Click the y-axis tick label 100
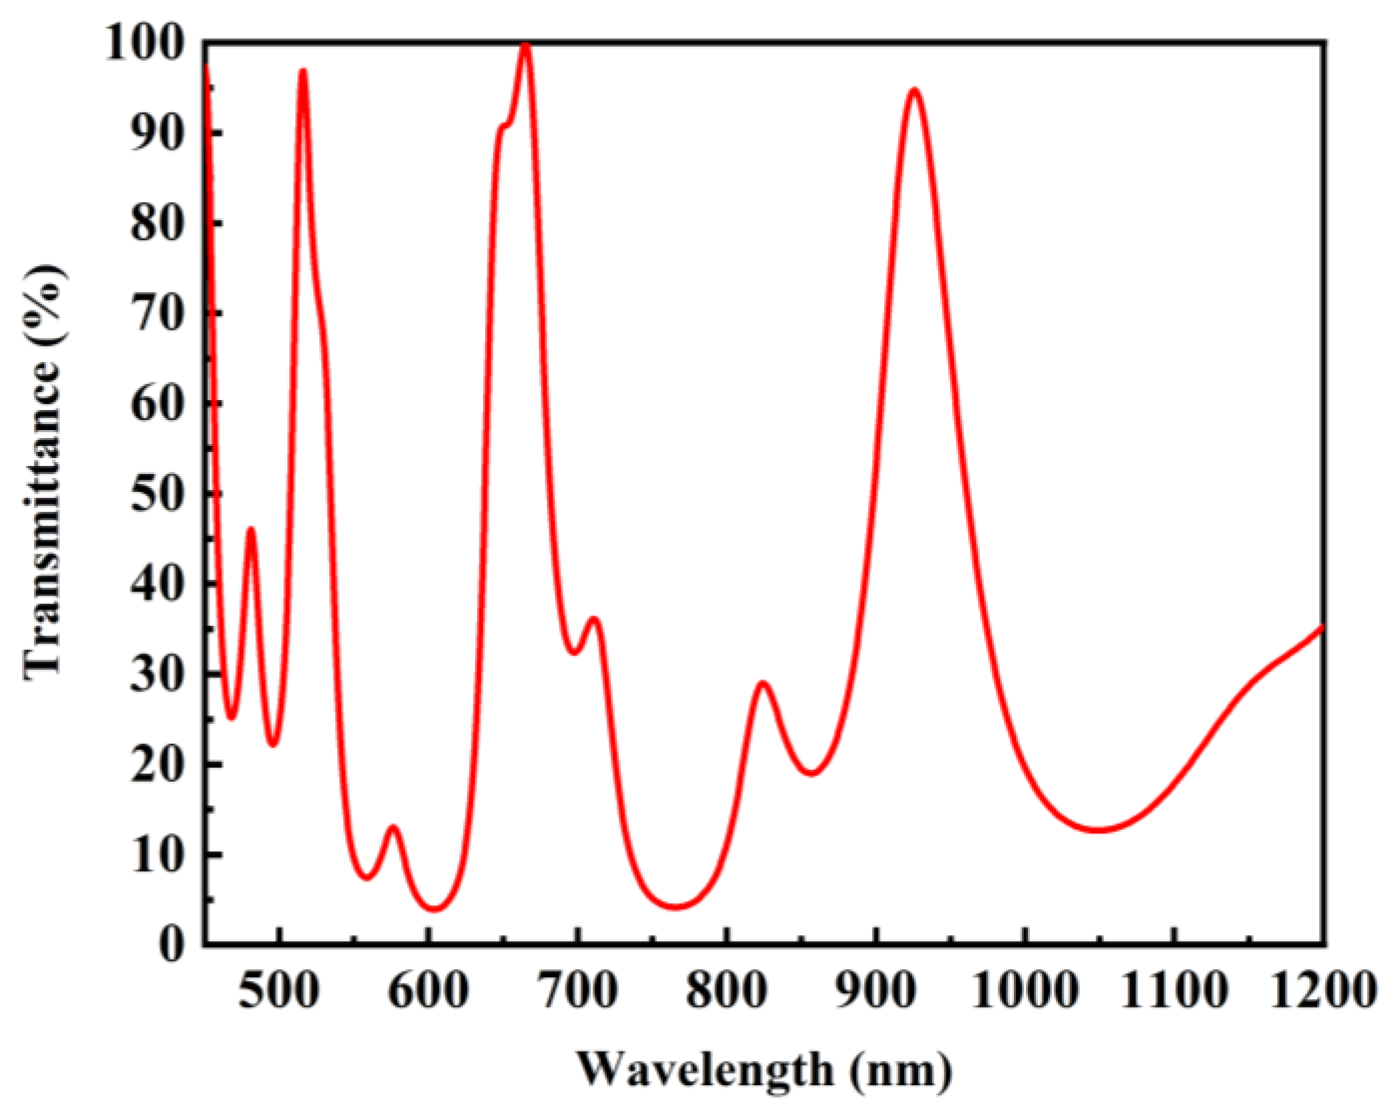pyautogui.click(x=145, y=45)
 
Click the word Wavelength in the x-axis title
pyautogui.click(x=705, y=1069)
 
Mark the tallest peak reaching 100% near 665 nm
pyautogui.click(x=525, y=45)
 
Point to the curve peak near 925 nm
pyautogui.click(x=915, y=90)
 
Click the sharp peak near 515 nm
pyautogui.click(x=303, y=70)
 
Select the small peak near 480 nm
pyautogui.click(x=251, y=529)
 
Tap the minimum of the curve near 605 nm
pyautogui.click(x=434, y=909)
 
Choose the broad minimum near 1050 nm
pyautogui.click(x=1100, y=830)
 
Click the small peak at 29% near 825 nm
pyautogui.click(x=763, y=683)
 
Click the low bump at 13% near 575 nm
pyautogui.click(x=393, y=828)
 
